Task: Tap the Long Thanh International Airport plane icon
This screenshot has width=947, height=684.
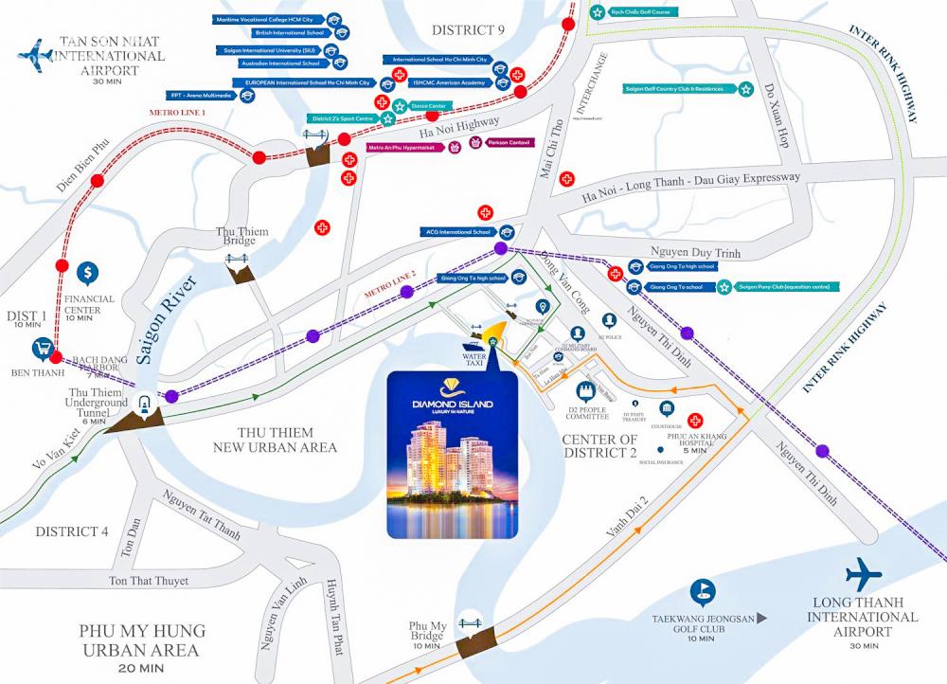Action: point(863,573)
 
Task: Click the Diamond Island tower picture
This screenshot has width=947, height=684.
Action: point(453,455)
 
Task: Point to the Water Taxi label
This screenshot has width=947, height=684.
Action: point(473,361)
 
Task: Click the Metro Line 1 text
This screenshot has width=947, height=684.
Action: point(177,113)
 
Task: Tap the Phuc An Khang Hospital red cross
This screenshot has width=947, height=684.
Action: point(695,420)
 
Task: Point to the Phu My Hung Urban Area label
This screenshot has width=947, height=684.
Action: point(142,640)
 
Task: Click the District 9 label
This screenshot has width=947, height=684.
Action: point(468,29)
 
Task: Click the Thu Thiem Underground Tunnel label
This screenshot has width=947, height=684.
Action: point(98,403)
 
